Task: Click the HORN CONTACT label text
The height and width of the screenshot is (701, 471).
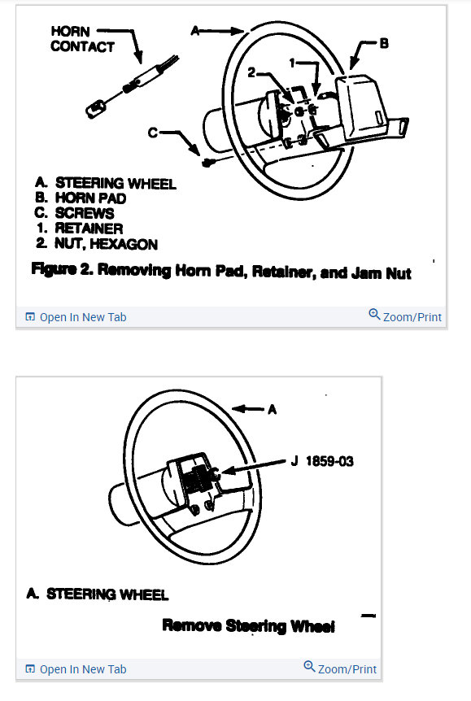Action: (82, 39)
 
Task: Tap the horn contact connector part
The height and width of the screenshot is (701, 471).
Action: (131, 86)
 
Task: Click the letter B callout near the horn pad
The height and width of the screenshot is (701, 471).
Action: (384, 43)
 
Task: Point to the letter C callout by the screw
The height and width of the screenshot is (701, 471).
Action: (153, 133)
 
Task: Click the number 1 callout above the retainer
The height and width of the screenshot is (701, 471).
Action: (292, 63)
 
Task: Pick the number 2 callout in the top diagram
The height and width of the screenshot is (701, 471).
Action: (251, 72)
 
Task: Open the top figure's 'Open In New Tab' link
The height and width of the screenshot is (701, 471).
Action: (76, 317)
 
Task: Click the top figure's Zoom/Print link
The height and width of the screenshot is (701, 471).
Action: (405, 316)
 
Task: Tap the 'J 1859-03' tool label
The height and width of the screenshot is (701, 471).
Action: (322, 461)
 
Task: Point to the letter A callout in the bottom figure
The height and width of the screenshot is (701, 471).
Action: (272, 409)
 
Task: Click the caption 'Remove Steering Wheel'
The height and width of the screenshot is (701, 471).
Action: (248, 626)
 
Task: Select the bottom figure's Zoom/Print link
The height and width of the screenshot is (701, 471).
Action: (340, 668)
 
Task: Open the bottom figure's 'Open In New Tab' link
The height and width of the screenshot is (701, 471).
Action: (76, 669)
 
